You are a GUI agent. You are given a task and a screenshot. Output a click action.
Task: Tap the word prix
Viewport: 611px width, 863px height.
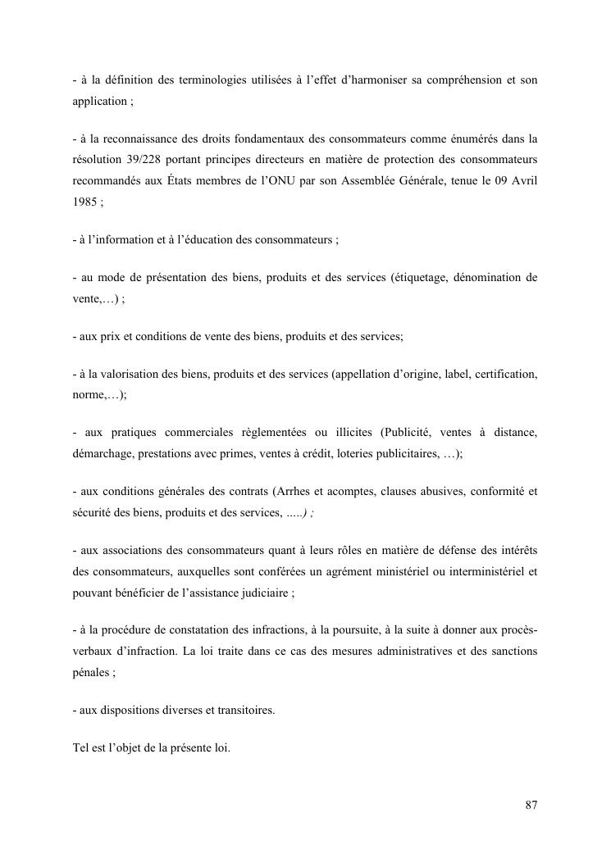pos(108,337)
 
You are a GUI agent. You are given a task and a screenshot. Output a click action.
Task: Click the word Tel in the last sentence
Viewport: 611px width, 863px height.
pos(81,747)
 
